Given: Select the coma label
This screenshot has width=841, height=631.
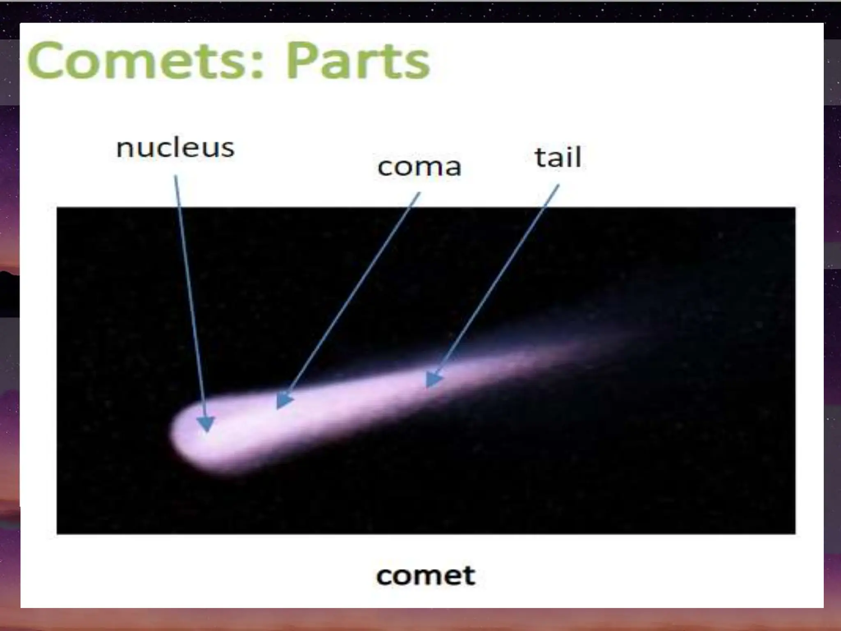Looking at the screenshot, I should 419,167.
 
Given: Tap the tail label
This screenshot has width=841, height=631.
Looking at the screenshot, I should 558,158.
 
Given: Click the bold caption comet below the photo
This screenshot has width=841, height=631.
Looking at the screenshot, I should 425,576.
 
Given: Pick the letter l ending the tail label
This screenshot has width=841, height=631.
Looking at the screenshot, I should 579,157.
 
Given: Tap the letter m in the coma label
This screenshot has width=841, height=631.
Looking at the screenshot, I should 425,168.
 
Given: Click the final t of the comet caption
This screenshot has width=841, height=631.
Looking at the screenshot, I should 469,576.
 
